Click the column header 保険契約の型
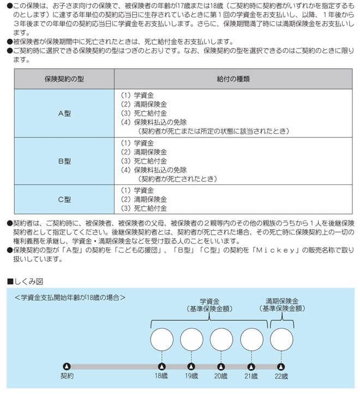coord(64,79)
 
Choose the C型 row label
coord(64,199)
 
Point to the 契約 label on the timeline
coord(67,376)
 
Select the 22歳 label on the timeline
coord(281,376)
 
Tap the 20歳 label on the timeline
coord(221,376)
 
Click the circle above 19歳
coord(191,339)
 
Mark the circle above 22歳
coord(281,339)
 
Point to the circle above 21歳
coord(251,339)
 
